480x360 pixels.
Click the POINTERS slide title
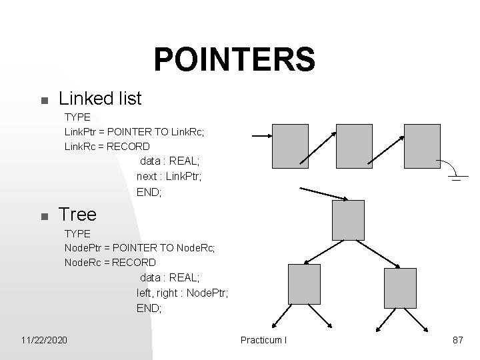[234, 60]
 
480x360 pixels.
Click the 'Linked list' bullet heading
[100, 99]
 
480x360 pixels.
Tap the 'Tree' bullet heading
[77, 214]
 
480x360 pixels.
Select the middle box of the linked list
[355, 146]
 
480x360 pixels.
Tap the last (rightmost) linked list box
[422, 146]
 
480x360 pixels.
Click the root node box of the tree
[348, 219]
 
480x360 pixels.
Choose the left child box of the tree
[305, 285]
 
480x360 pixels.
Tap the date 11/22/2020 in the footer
[44, 340]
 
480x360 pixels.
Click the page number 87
[457, 340]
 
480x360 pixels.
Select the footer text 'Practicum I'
[264, 340]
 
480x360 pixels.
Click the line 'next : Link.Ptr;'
[169, 177]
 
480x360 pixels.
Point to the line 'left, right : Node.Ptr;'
[182, 293]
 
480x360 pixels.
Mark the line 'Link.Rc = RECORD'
[107, 146]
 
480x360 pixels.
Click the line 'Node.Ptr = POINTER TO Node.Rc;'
[139, 247]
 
